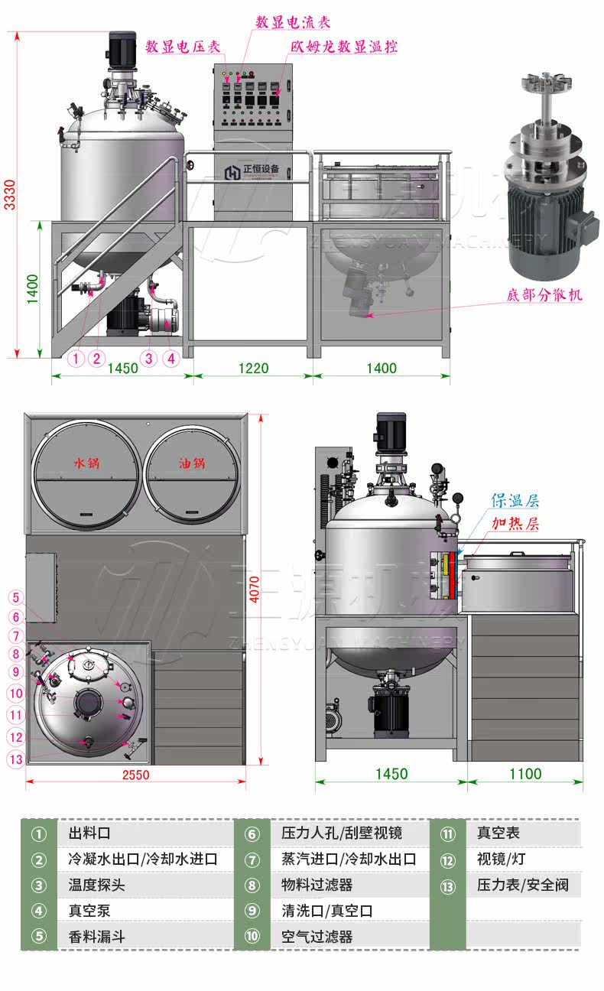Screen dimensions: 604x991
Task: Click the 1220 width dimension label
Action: [253, 368]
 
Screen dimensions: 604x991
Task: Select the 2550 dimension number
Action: [135, 774]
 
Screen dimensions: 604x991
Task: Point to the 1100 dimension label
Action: [525, 774]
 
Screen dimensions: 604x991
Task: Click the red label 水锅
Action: [87, 463]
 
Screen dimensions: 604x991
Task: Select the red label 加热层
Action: [515, 524]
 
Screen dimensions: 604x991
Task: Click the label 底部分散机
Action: [544, 294]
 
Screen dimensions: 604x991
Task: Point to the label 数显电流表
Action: [294, 22]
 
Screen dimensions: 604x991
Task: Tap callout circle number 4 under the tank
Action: [170, 357]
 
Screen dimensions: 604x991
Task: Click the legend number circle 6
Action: [252, 834]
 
